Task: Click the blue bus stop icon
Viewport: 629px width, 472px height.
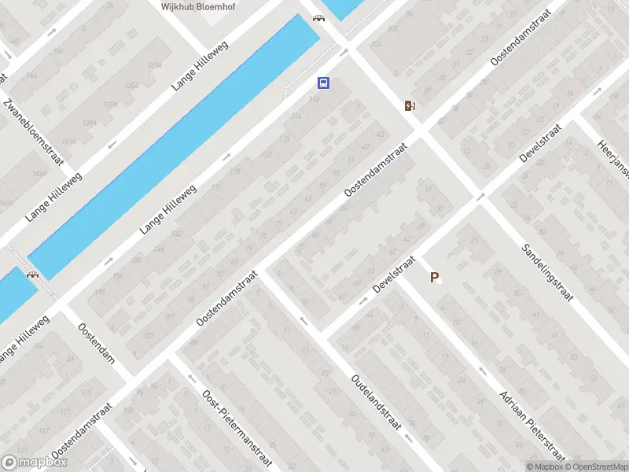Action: click(x=323, y=83)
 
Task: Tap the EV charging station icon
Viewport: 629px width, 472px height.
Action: click(x=410, y=105)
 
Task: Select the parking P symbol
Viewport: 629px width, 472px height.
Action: click(x=433, y=277)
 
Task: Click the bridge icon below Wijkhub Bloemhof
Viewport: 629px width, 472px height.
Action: click(x=318, y=18)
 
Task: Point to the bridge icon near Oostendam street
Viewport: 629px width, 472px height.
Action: click(x=33, y=275)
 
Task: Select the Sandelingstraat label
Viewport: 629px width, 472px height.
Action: click(x=547, y=273)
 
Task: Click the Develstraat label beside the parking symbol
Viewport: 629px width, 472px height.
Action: click(x=393, y=278)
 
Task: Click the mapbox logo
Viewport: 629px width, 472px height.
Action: click(x=35, y=463)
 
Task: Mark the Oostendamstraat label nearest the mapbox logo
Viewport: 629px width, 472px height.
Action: click(x=82, y=431)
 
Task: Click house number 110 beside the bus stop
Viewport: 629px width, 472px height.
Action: click(x=315, y=100)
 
